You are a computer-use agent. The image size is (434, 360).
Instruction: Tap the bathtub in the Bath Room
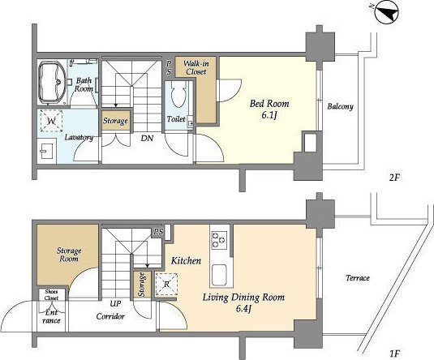click(x=52, y=82)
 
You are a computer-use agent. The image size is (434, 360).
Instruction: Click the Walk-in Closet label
click(x=196, y=67)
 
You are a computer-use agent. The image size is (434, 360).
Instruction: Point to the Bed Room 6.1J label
click(x=269, y=109)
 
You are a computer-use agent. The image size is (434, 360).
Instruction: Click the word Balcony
click(x=340, y=106)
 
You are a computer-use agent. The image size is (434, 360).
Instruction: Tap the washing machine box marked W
click(x=51, y=121)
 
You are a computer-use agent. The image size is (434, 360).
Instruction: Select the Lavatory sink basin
click(x=47, y=151)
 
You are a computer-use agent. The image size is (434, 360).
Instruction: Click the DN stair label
click(x=147, y=138)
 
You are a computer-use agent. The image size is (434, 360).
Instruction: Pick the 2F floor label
click(x=395, y=178)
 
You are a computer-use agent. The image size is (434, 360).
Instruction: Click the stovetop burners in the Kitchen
click(x=219, y=239)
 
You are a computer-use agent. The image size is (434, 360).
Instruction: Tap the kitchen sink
click(x=219, y=276)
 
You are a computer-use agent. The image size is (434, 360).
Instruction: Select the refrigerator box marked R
click(x=166, y=284)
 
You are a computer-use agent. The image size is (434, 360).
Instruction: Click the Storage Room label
click(x=69, y=255)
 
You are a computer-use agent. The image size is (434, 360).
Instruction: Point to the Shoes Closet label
click(x=51, y=294)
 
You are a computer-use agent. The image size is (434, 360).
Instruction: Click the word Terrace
click(x=358, y=277)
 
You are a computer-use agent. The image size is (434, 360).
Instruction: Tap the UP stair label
click(x=115, y=303)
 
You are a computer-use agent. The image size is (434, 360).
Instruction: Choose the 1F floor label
click(x=394, y=354)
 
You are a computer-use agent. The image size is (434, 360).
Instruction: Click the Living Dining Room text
click(x=243, y=298)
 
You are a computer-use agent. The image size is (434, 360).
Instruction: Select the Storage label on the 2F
click(x=115, y=121)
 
